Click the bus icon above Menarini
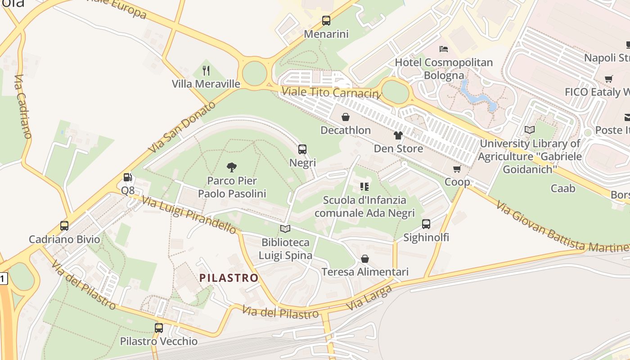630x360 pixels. [326, 21]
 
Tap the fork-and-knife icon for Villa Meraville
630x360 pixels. [206, 70]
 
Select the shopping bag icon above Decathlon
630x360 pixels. [346, 117]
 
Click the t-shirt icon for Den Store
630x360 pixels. [398, 135]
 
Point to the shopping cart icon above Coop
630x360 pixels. [457, 169]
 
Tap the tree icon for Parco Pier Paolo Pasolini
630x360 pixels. [232, 167]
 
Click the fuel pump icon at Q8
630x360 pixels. [128, 177]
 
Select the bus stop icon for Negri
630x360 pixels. [302, 149]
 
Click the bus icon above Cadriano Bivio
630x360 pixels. [64, 226]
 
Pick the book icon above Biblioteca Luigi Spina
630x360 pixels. [285, 229]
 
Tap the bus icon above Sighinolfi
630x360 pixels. [426, 224]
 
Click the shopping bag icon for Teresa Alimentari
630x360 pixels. [365, 259]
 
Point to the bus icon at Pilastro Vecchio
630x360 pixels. [159, 328]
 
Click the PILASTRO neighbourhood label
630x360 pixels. [229, 278]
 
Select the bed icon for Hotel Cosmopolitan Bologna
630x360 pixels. [444, 49]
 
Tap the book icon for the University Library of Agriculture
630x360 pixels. [530, 130]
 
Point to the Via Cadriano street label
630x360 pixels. [22, 106]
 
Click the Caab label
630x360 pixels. [563, 188]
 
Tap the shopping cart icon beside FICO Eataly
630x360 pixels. [609, 79]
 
